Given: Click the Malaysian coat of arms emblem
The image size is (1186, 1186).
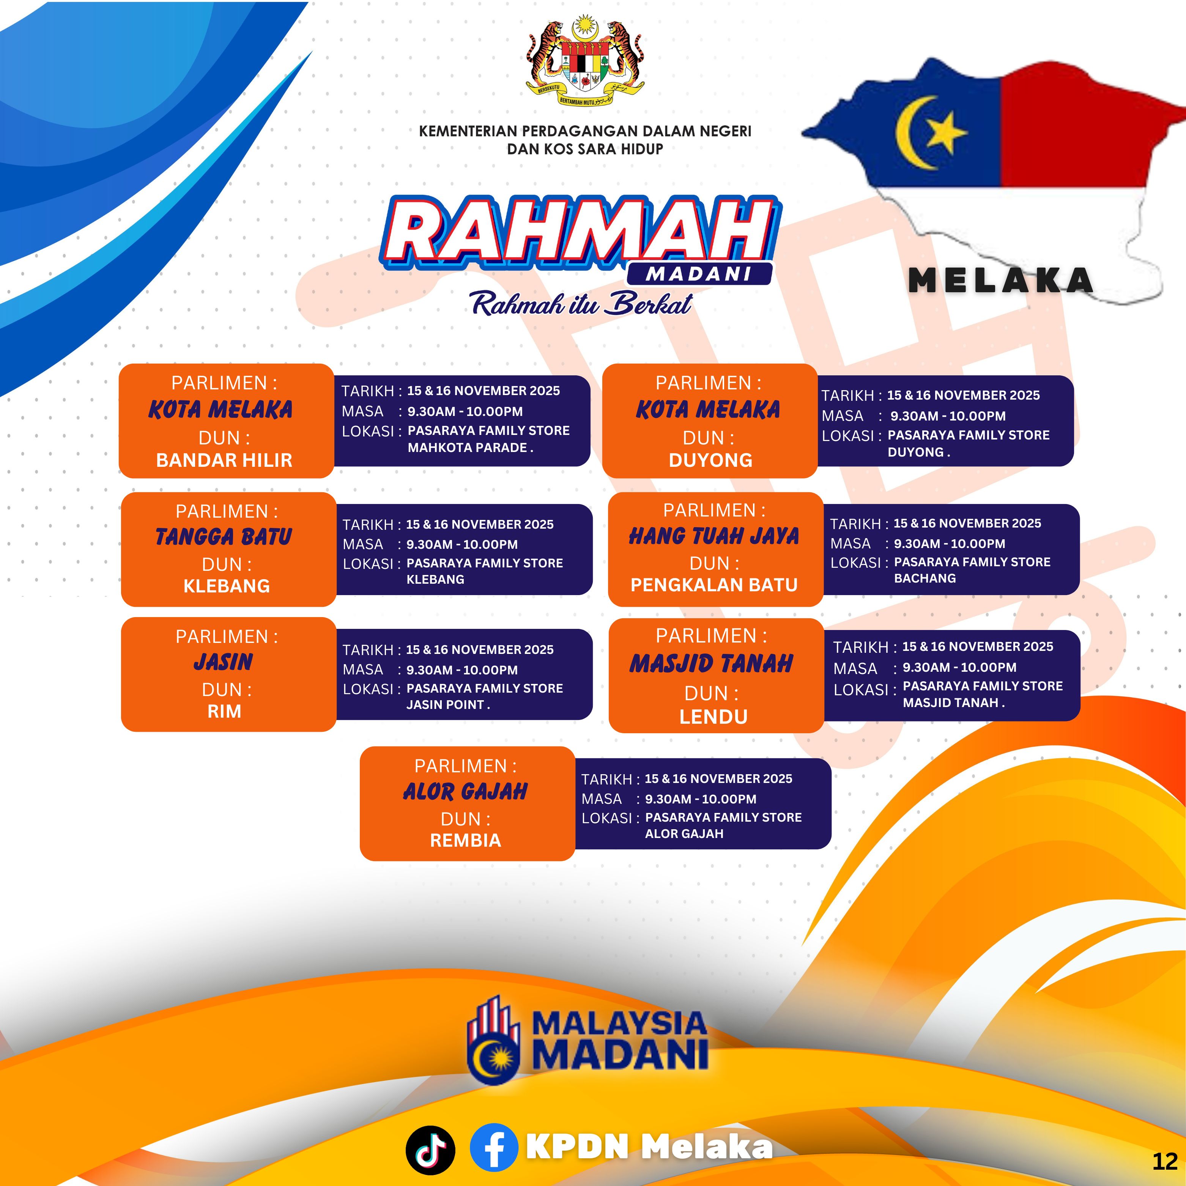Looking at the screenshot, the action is tap(585, 63).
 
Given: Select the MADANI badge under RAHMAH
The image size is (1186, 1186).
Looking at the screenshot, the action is tap(699, 274).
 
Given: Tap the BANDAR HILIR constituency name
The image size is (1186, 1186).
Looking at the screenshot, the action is tap(224, 460).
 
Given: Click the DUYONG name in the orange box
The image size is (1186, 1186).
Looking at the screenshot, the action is tap(710, 460).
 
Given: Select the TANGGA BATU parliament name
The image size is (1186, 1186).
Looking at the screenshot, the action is tap(224, 537).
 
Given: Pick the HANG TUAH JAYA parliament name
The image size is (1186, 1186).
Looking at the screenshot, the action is tap(714, 536).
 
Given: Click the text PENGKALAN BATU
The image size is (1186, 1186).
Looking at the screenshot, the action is tap(714, 585).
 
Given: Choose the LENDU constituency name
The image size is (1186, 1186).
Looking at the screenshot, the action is tap(713, 717).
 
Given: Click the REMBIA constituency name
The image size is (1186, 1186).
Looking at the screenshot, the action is tap(465, 840).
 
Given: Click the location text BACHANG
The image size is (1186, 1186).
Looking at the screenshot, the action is tap(925, 578).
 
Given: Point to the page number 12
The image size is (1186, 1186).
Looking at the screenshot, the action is tap(1164, 1161).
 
